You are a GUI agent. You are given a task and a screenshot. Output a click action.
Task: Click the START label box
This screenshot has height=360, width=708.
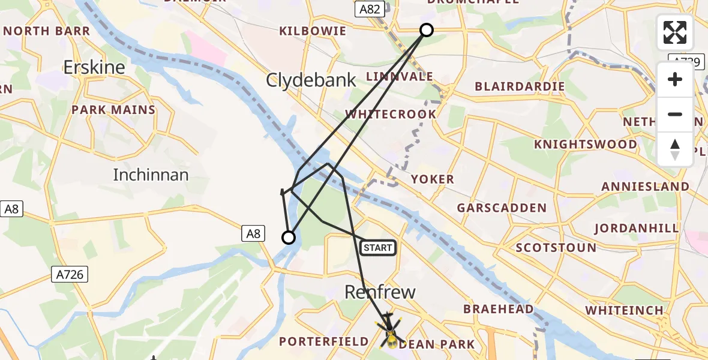click(378, 247)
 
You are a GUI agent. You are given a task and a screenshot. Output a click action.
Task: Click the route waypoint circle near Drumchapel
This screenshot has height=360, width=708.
click(426, 30)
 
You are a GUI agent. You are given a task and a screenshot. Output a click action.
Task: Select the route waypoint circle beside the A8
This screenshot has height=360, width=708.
click(289, 238)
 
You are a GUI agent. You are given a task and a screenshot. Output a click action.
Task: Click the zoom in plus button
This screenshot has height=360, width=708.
click(675, 80)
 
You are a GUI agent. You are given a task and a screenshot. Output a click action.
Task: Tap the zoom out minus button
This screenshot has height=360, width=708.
click(675, 114)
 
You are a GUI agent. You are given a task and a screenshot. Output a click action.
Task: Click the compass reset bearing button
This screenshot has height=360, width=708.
click(675, 149)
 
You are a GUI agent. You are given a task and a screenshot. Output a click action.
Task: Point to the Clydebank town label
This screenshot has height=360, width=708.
click(312, 80)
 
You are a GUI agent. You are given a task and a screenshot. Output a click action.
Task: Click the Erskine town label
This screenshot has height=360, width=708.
click(94, 67)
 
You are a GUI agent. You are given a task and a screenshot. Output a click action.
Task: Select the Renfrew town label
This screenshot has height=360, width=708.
click(380, 292)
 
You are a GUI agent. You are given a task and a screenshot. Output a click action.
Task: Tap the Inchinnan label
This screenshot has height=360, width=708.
click(151, 175)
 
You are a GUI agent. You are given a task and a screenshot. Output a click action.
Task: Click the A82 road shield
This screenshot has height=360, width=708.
click(370, 9)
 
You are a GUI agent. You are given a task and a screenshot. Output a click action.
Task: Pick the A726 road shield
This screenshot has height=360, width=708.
click(70, 274)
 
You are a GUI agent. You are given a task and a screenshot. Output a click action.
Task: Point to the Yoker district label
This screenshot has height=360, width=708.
click(432, 179)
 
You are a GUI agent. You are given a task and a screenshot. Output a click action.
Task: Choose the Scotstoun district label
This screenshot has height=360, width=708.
click(556, 247)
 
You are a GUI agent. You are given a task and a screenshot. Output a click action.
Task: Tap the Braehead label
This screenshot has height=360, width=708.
click(498, 309)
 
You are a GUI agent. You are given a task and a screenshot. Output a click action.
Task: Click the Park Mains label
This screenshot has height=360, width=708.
click(113, 110)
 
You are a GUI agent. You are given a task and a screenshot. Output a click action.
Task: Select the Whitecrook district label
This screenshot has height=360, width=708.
click(391, 114)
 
